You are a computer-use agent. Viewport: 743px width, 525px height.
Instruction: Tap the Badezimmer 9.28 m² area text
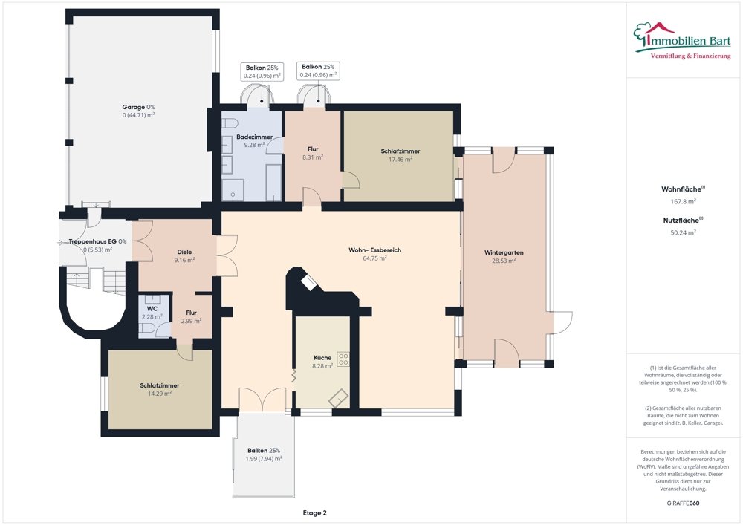point(254,145)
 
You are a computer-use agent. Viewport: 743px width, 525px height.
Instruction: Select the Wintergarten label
point(504,252)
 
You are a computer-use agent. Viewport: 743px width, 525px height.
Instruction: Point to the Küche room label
point(322,357)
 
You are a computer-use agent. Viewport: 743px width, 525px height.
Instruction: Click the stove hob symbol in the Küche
point(343,359)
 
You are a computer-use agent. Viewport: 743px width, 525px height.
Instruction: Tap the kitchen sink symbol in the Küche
point(338,399)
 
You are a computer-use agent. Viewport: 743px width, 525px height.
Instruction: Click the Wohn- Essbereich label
point(374,250)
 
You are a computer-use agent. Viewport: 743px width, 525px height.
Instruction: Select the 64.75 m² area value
point(374,258)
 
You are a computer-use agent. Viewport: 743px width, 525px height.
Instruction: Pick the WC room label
point(152,309)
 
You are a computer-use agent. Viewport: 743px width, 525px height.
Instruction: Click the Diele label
point(184,252)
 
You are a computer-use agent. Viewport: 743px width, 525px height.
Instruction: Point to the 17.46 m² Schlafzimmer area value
point(400,160)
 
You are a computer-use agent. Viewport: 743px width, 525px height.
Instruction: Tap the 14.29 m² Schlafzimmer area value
point(160,394)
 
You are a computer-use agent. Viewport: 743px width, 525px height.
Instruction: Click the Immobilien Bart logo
point(682,41)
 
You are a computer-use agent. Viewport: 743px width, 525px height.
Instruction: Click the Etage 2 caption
point(314,512)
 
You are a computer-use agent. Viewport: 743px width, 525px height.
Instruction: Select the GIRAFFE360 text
point(683,503)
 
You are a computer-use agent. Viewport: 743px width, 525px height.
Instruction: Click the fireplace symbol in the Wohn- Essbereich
point(311,283)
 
